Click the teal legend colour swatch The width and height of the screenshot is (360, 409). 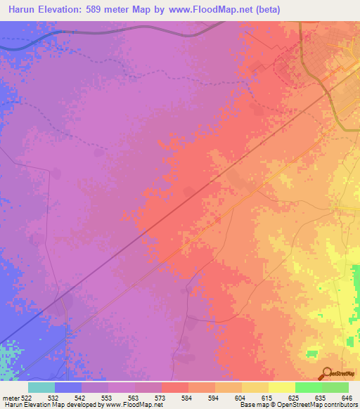coord(41,387)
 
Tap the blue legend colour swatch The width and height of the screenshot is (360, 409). coord(68,387)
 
